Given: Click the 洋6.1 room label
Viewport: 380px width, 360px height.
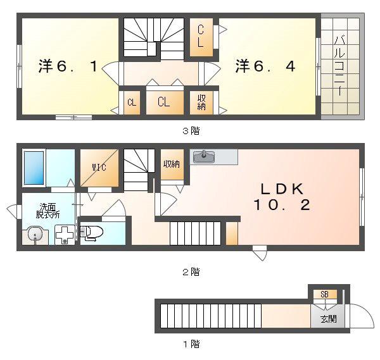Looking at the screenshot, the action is [68, 66].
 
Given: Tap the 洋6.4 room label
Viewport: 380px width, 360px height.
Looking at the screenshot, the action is [265, 66].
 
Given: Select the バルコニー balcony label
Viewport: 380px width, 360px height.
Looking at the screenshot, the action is [339, 65].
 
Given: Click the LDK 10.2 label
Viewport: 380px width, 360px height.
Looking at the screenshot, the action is [282, 197].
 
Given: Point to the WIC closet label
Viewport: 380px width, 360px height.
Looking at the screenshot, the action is [99, 167].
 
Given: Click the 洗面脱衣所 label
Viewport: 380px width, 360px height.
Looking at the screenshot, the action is [47, 211].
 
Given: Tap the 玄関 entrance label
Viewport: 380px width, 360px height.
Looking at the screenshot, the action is [328, 319].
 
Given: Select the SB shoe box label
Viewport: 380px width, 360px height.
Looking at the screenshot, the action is [324, 294].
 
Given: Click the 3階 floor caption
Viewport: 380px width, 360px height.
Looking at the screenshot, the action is [191, 131].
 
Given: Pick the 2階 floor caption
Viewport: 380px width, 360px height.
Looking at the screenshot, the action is [191, 272].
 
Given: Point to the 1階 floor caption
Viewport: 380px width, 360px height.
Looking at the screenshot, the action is [191, 344].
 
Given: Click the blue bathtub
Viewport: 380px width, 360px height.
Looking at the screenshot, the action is [34, 168].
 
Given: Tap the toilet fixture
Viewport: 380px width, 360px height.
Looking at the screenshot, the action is [91, 233].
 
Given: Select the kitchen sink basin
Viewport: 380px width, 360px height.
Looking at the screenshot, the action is [204, 156].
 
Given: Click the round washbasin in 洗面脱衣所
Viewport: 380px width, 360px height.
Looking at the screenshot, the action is [35, 234].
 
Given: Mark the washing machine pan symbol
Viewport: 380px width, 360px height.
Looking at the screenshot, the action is [65, 235].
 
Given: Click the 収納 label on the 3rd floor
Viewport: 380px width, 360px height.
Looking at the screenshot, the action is [201, 102].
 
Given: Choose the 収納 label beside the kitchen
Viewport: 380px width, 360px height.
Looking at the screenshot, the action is [172, 164].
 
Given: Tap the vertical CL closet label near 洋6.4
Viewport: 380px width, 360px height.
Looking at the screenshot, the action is [200, 36].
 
